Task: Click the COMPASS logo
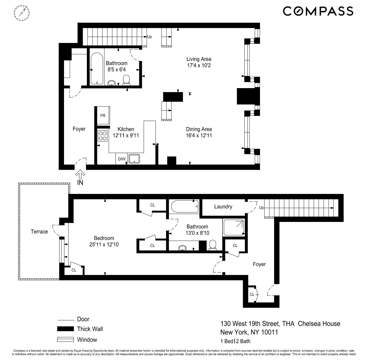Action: coord(318,11)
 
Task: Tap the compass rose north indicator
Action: coord(21,13)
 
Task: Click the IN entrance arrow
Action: coord(80,175)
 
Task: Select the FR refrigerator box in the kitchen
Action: coord(103,116)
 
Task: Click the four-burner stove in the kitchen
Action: coord(103,136)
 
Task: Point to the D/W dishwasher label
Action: coord(122,159)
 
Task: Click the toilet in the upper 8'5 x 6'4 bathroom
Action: coord(126,80)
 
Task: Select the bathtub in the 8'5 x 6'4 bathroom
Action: coord(97,68)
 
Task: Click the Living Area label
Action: coord(199,59)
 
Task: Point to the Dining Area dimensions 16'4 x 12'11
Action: coord(199,136)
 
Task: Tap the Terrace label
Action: coord(39,232)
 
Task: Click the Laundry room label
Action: coord(223,207)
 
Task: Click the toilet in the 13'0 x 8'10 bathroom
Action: coord(213,245)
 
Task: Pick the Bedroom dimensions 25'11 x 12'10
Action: coord(104,245)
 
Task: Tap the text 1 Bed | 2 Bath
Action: coord(235,341)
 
